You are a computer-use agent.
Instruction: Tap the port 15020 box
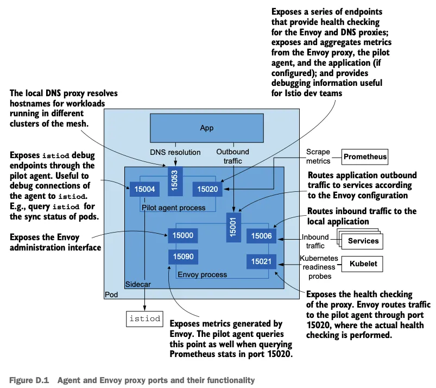coord(207,189)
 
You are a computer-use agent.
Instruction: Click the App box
coord(207,128)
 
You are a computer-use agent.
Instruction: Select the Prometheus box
coord(365,157)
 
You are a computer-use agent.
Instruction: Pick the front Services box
coord(363,241)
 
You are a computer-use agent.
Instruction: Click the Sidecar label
coord(138,284)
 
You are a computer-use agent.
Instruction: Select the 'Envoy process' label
coord(202,274)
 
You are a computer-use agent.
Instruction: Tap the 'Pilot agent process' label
coord(173,208)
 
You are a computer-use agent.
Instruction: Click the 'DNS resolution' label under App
coord(175,153)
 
